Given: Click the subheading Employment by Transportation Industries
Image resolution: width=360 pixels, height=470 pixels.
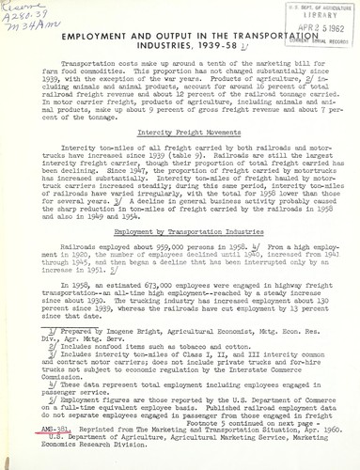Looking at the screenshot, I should pos(179,258).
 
